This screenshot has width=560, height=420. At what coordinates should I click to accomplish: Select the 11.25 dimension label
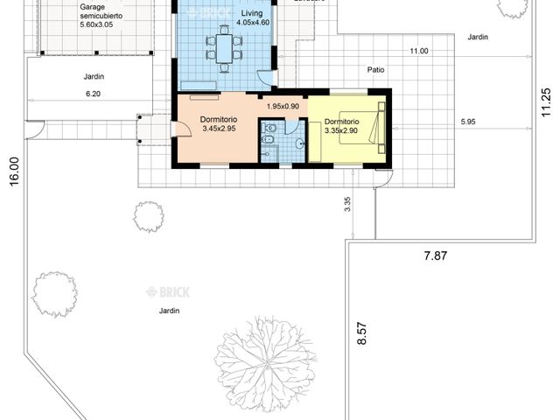pos(546,102)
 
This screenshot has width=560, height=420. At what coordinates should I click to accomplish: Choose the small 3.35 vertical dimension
pos(347,204)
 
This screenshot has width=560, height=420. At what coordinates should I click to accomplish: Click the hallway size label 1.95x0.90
pos(283,107)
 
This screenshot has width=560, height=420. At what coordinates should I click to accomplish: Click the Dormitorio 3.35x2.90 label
pos(341,127)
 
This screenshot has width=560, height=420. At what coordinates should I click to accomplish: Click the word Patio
pos(375,69)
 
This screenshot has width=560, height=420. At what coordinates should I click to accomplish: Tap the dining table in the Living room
pos(224,47)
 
